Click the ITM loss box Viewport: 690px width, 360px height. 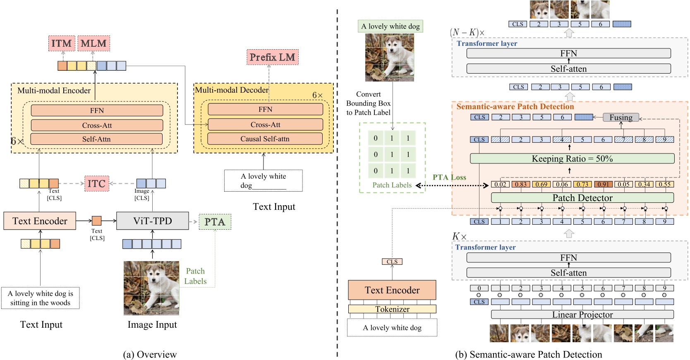click(62, 43)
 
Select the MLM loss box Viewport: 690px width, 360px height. click(93, 43)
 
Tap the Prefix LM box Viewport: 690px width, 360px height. click(273, 57)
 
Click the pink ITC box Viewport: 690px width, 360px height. click(96, 184)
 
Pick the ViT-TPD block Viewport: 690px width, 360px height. click(153, 221)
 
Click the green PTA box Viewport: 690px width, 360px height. click(215, 222)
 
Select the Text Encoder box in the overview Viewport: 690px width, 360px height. click(40, 221)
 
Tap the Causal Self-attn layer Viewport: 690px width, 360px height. click(265, 139)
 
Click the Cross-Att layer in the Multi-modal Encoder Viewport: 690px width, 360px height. click(97, 125)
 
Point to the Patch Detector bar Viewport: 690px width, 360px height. click(582, 198)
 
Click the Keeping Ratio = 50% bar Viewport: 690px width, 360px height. click(572, 158)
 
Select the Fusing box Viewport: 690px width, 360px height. click(621, 118)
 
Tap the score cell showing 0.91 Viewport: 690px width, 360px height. click(603, 185)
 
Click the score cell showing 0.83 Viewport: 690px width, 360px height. click(521, 185)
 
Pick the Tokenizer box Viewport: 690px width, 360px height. click(392, 309)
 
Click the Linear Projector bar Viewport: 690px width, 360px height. click(582, 314)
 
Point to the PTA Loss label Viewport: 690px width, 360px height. click(449, 177)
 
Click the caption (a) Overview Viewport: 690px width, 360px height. click(150, 354)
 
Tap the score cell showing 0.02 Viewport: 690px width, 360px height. click(500, 185)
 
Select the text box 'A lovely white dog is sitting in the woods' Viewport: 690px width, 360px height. click(41, 298)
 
